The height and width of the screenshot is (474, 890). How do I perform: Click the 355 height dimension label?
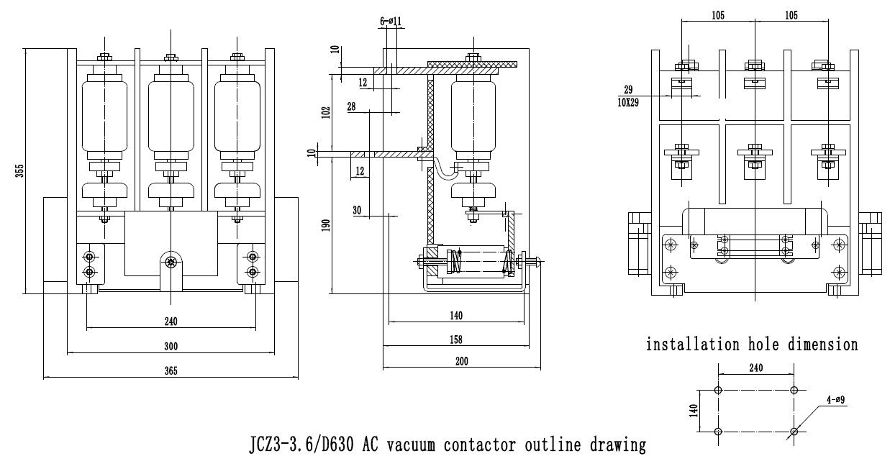point(20,170)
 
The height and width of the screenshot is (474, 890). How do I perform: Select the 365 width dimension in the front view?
point(171,371)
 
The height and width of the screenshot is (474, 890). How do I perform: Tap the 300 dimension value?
point(171,347)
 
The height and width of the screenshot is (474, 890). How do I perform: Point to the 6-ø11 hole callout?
point(391,22)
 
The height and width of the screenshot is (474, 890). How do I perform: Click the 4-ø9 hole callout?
point(835,400)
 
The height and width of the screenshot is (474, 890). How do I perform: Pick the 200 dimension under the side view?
point(461,362)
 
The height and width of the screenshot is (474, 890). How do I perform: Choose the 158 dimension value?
point(455,339)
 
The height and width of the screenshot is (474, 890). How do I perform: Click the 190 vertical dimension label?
point(326,225)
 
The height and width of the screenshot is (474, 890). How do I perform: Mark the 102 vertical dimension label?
point(326,112)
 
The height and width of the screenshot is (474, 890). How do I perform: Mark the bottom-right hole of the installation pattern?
point(793,432)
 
